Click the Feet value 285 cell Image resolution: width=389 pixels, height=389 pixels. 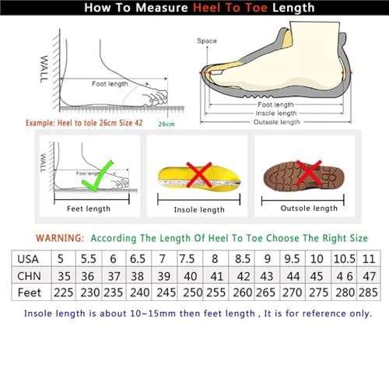click(370, 293)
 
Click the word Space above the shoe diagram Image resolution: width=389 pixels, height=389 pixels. click(206, 40)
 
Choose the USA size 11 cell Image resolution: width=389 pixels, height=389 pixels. click(370, 258)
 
